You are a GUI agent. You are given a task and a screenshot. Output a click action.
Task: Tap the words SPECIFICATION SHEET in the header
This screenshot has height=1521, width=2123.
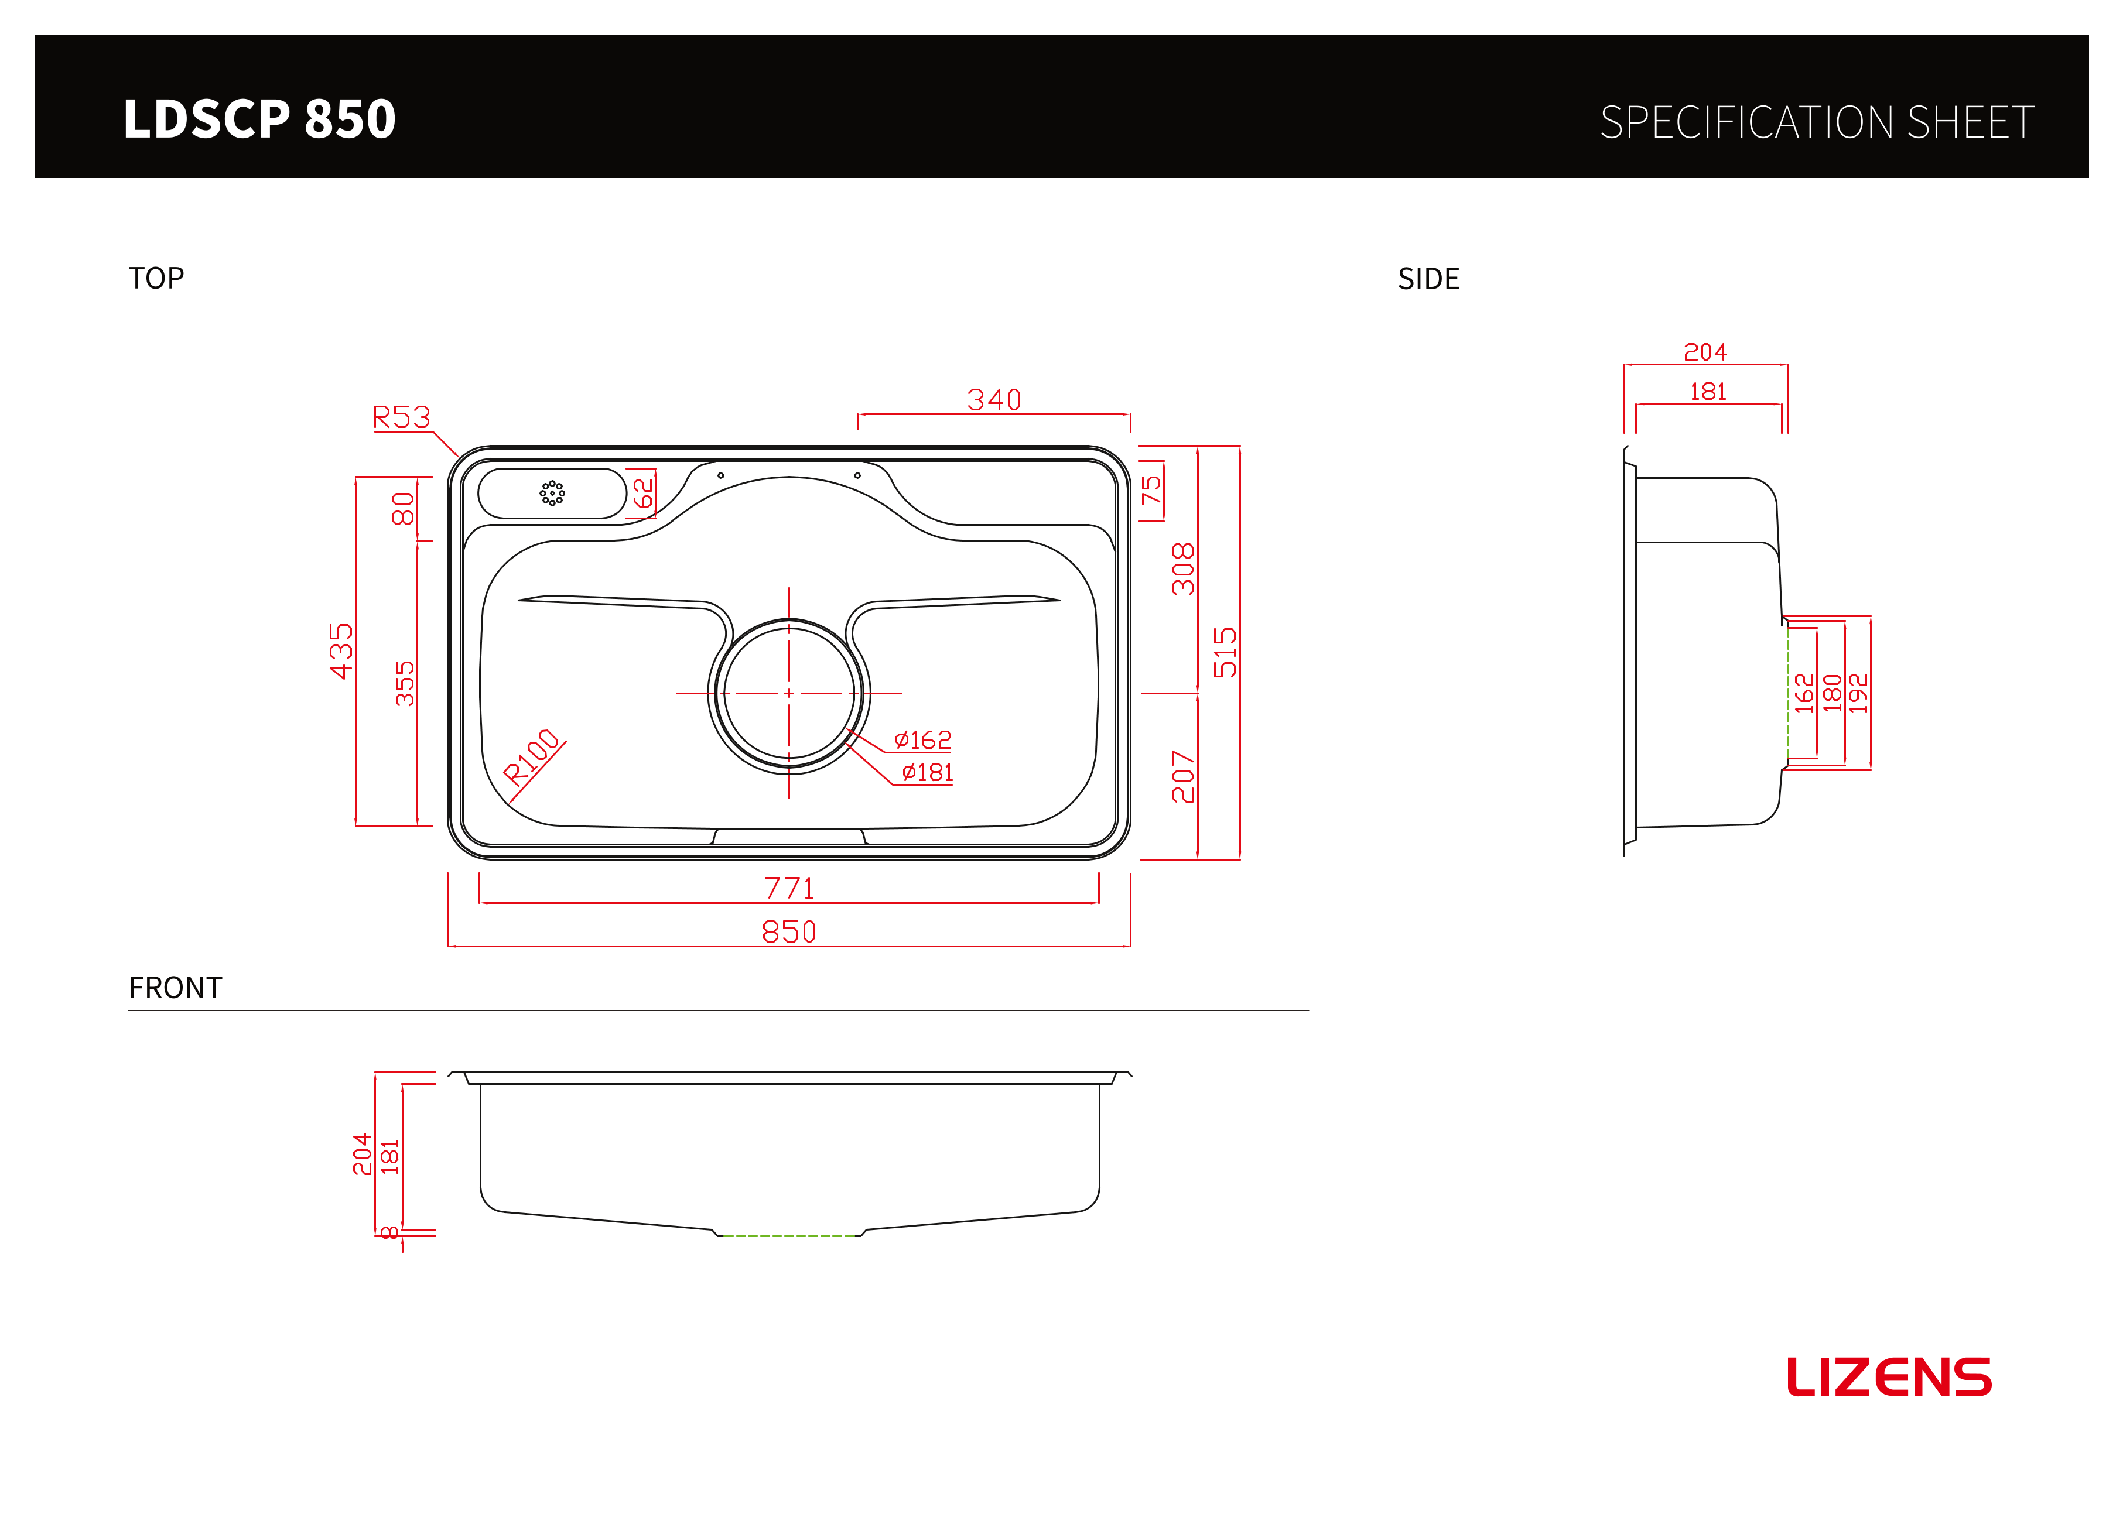(1817, 122)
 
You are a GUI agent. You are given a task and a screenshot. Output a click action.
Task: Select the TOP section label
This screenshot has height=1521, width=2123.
(156, 278)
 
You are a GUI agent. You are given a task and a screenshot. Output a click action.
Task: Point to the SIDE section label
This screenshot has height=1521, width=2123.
(1428, 279)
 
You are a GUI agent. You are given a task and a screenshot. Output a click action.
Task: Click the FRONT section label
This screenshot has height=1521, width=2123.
(175, 988)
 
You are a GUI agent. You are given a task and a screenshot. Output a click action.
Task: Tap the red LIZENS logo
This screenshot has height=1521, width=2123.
(1889, 1377)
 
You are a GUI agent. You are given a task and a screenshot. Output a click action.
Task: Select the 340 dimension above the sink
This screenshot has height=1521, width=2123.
(994, 400)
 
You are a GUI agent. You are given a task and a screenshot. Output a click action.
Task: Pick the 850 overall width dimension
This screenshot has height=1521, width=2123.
(789, 931)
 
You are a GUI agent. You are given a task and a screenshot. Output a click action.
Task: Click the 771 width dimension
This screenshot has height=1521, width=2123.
(789, 888)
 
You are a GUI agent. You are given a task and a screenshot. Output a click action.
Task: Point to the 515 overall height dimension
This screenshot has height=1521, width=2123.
(1225, 652)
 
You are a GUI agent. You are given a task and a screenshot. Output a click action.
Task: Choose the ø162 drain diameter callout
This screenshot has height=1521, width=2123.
(923, 739)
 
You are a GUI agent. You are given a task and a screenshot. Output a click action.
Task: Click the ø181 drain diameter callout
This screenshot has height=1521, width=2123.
(928, 772)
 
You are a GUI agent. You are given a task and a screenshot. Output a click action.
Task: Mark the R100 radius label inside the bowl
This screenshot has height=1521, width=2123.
(532, 755)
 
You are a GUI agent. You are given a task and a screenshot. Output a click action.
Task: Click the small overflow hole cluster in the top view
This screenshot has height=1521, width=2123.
(552, 494)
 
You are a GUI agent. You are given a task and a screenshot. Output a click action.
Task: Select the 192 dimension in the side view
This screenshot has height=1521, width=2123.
(1859, 694)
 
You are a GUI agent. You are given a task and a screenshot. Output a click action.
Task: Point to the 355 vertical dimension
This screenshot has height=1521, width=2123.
(404, 683)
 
